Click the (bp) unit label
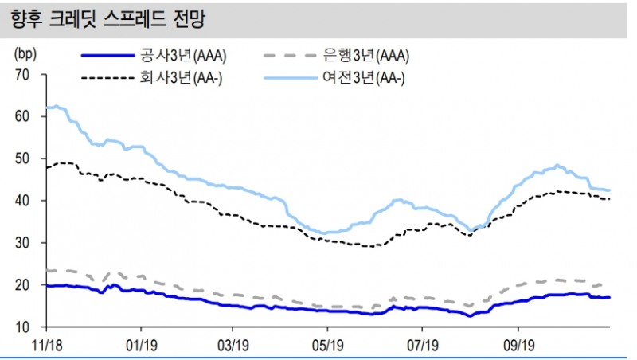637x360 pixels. (25, 54)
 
